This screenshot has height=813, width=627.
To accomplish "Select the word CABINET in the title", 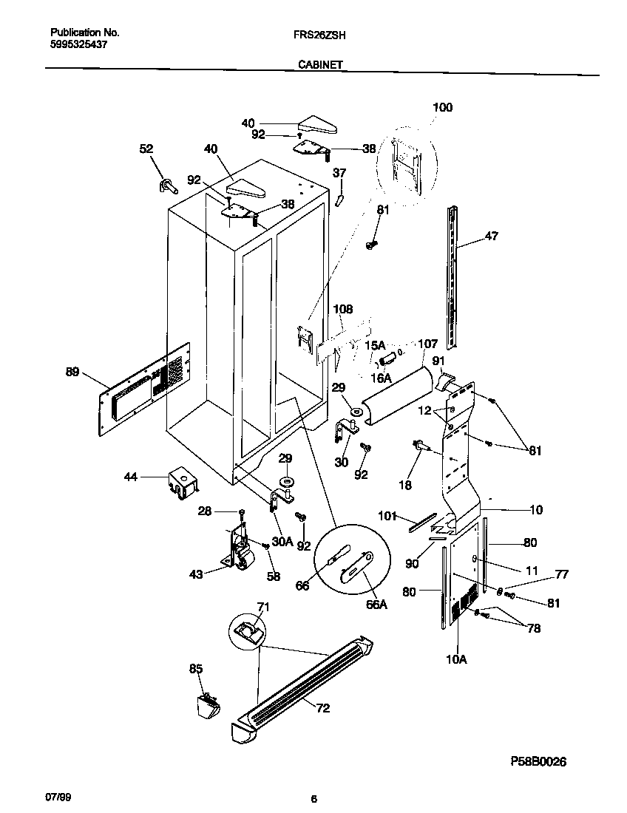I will point(319,65).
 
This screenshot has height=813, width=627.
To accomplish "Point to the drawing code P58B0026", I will point(538,761).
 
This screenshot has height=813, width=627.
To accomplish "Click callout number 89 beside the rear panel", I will point(72,373).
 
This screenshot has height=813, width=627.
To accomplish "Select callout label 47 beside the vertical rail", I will point(491,237).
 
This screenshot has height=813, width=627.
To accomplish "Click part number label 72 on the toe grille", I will point(323,708).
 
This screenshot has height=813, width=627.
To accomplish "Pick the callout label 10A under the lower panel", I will point(456,659).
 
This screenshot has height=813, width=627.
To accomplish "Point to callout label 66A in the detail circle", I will point(376,604).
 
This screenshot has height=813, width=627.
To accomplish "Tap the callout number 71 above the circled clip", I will point(262,607).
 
